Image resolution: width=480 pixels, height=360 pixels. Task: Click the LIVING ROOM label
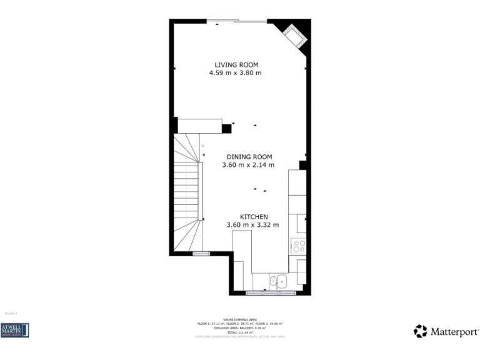(x=236, y=64)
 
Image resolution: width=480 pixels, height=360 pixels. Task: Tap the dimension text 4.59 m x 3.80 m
(x=235, y=73)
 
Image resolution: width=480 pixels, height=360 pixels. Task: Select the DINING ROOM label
(x=249, y=157)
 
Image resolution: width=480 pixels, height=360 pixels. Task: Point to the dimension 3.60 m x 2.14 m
(x=248, y=165)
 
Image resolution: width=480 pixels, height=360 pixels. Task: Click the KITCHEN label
(x=254, y=217)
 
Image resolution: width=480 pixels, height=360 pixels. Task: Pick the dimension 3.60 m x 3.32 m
(x=252, y=225)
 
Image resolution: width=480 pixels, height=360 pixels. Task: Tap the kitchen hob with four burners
(x=299, y=246)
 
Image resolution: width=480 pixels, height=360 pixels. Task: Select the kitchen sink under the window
(x=277, y=281)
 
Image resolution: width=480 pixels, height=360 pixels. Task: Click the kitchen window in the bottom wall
(x=271, y=293)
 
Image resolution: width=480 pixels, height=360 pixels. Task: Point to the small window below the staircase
(x=201, y=253)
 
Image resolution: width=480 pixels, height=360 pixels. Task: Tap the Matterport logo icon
(x=420, y=331)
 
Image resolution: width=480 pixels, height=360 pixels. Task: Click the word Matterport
(x=454, y=332)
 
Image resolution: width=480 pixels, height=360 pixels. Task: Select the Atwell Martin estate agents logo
(x=15, y=330)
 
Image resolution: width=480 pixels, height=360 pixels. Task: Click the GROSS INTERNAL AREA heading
(x=240, y=319)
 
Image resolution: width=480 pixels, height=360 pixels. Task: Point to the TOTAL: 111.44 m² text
(x=240, y=332)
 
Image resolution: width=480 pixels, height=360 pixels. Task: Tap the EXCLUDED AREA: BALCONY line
(x=240, y=327)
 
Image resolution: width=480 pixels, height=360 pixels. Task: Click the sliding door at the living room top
(x=236, y=21)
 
